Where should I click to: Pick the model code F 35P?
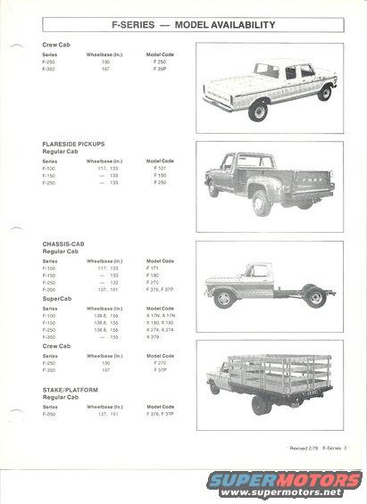coord(161,68)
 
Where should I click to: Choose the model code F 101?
coord(160,168)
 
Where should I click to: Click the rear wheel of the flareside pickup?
coord(263,202)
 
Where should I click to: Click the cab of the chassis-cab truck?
coord(258,272)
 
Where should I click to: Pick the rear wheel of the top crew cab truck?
coord(258,112)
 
